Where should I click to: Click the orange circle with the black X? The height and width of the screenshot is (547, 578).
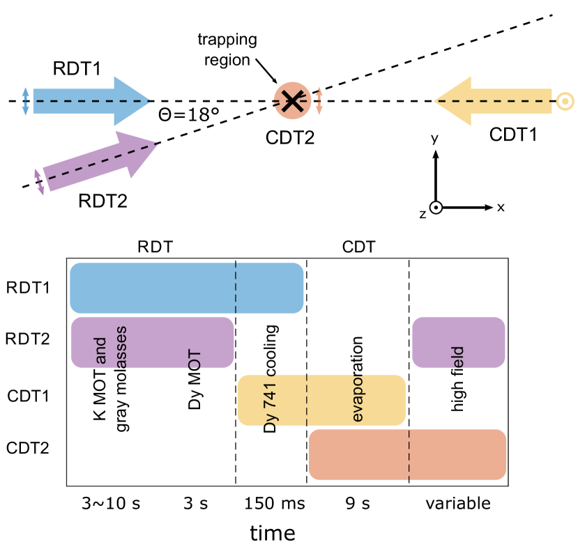pyautogui.click(x=292, y=101)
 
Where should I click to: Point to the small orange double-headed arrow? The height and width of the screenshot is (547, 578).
pyautogui.click(x=319, y=101)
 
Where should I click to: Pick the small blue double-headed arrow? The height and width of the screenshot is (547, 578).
pyautogui.click(x=26, y=101)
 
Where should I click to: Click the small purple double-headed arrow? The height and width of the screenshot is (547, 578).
pyautogui.click(x=40, y=182)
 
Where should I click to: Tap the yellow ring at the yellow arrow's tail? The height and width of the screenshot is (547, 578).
pyautogui.click(x=565, y=102)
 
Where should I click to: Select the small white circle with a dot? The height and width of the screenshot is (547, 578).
pyautogui.click(x=436, y=208)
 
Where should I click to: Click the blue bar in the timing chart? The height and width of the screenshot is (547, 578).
pyautogui.click(x=153, y=288)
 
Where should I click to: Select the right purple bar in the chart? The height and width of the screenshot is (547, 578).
pyautogui.click(x=458, y=341)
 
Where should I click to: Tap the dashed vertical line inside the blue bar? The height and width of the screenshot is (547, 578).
pyautogui.click(x=236, y=288)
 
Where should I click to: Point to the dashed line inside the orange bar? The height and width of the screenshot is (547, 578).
pyautogui.click(x=409, y=454)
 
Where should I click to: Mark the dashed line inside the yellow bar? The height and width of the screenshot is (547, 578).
pyautogui.click(x=307, y=400)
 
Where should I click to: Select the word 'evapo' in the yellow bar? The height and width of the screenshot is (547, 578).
pyautogui.click(x=357, y=397)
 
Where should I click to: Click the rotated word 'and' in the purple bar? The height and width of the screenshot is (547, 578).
pyautogui.click(x=100, y=350)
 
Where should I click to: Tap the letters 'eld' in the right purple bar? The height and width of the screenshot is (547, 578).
pyautogui.click(x=457, y=356)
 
